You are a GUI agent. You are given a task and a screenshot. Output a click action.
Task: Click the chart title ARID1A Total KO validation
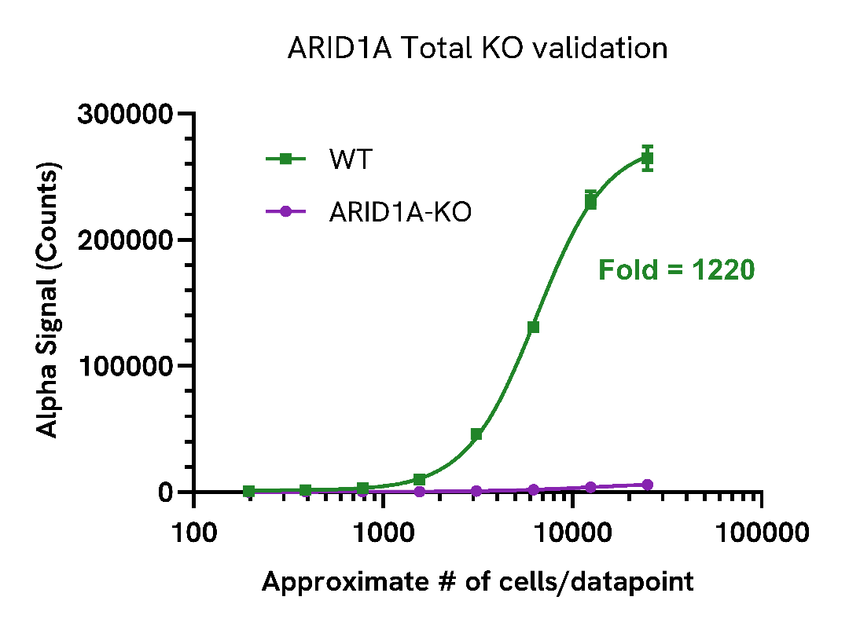[477, 48]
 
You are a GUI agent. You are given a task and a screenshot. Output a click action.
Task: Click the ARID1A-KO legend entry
[400, 211]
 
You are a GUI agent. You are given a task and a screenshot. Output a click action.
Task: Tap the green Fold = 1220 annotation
[676, 270]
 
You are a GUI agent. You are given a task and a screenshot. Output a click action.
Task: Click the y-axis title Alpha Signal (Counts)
[49, 302]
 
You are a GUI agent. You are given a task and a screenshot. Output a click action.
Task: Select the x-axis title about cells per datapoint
[477, 582]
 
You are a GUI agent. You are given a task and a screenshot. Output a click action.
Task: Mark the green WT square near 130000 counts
[533, 328]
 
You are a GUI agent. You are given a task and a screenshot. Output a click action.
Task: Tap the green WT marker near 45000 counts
[476, 434]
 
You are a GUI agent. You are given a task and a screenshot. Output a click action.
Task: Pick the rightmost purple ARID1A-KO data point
[648, 485]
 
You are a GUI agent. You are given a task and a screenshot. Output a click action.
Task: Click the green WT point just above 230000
[590, 203]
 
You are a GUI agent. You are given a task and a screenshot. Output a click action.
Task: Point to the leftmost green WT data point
[249, 491]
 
